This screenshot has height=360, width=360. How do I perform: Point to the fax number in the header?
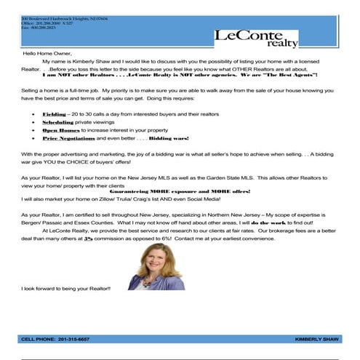coord(39,26)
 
